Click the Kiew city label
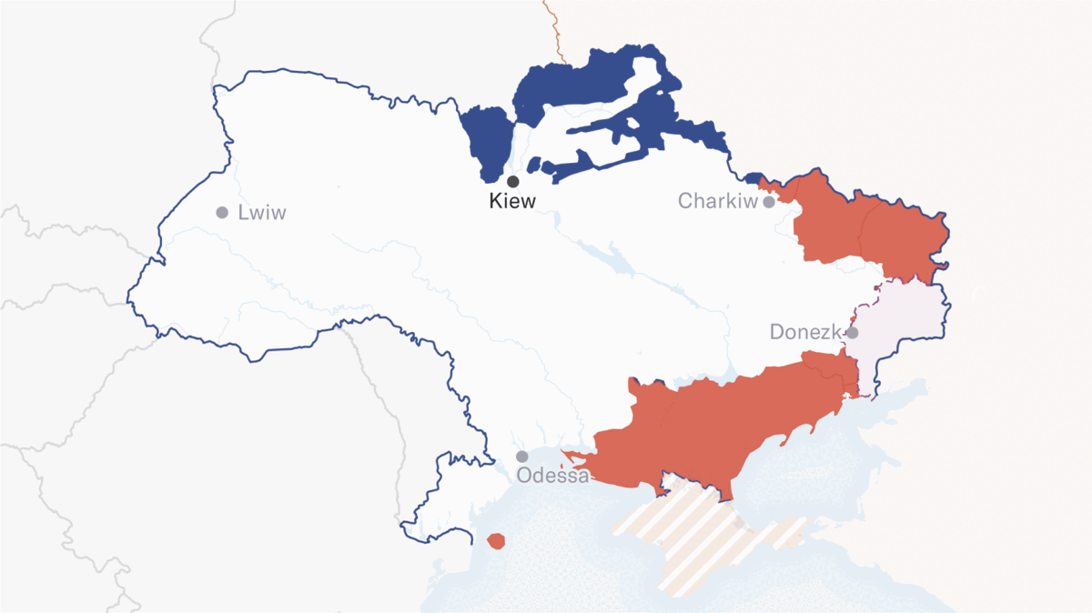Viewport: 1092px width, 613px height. (512, 201)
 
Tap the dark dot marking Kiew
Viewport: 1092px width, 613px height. (513, 182)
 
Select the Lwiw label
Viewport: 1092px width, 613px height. (261, 213)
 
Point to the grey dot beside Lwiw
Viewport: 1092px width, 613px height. (222, 213)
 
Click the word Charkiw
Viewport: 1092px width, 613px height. (717, 201)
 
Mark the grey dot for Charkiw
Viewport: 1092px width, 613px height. (769, 201)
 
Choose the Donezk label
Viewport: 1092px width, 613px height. (804, 332)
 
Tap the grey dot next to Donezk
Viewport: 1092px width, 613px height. (853, 333)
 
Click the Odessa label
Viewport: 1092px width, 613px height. (552, 475)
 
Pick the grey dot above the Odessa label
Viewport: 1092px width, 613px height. (522, 457)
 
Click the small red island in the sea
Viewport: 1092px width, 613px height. (496, 541)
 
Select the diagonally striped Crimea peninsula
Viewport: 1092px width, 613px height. (701, 537)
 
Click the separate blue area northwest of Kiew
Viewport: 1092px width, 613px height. (487, 141)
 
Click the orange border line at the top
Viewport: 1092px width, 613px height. (554, 27)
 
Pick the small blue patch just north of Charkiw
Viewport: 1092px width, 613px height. (754, 178)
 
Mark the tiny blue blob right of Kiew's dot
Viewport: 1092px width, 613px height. (534, 165)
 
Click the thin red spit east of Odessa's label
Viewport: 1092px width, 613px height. (575, 454)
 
